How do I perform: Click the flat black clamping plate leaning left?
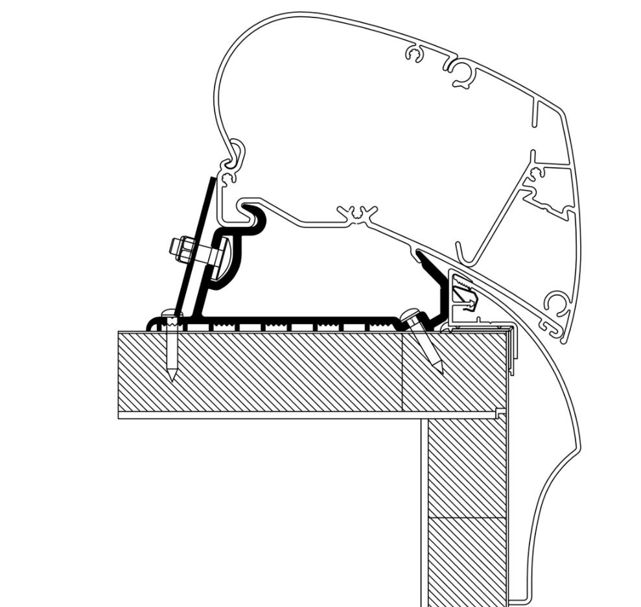[x=198, y=246]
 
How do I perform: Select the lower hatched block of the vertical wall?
[x=467, y=558]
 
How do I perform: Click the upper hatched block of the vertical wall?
[x=467, y=467]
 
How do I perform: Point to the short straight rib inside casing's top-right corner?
[x=533, y=113]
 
